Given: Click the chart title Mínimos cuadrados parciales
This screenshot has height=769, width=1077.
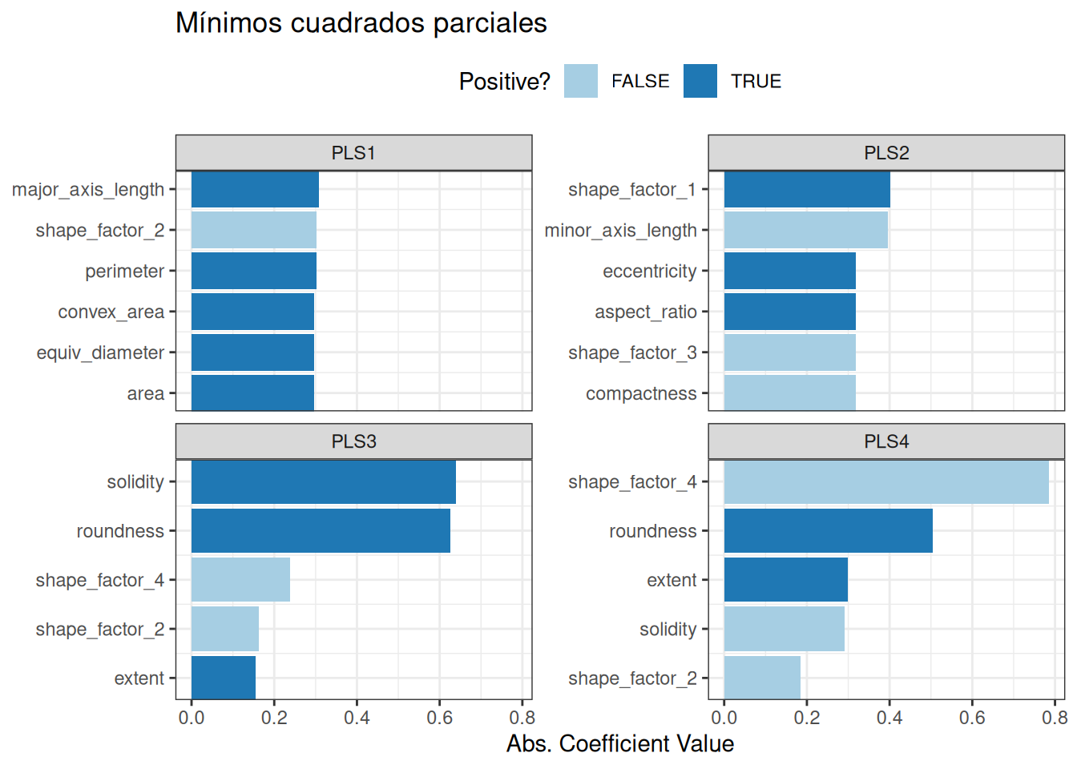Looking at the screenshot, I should pos(361,23).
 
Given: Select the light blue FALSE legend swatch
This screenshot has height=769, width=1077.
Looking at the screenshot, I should pos(581,82).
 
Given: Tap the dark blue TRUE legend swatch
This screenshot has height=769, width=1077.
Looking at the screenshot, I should pos(700,82).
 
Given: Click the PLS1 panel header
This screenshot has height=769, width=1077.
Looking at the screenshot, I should pos(353,153).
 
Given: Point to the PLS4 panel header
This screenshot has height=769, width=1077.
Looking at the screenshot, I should pos(886,441).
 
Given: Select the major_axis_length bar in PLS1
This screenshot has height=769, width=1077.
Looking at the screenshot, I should pos(255,190).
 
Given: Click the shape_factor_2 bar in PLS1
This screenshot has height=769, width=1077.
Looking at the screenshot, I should pos(253,231).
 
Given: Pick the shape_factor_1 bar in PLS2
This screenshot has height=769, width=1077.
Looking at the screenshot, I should pos(807,190).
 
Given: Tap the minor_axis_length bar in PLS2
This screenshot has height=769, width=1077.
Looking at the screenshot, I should pos(805,231).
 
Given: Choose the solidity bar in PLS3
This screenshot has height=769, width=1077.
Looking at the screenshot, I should pos(323,482).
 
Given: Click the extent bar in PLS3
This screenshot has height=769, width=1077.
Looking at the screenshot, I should pos(224,678).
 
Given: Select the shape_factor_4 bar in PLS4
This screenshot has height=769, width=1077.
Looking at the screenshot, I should pos(886,482).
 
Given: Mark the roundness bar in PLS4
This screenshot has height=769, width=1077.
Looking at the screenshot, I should pos(828,531).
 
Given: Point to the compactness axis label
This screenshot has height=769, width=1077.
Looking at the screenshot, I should pos(641,394).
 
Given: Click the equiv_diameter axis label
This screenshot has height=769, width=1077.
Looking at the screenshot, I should pos(100,353).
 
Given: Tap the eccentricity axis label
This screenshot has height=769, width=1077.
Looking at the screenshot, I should pos(650,272).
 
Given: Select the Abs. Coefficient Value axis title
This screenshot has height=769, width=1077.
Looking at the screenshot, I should pos(620,744).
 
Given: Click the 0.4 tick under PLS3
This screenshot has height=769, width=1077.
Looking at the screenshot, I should pos(357,718).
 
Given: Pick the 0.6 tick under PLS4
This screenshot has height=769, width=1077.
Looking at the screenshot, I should pos(972,718).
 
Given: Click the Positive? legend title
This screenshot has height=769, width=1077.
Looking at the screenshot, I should pos(504,82).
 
